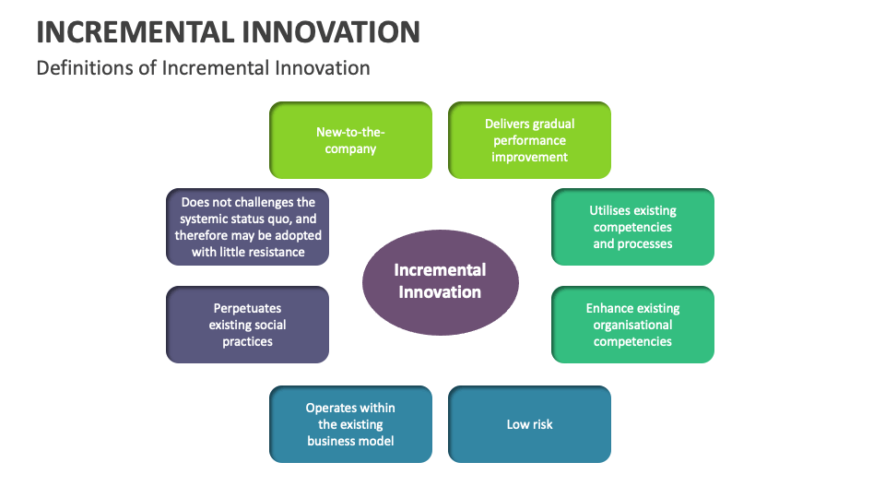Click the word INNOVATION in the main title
tap(331, 31)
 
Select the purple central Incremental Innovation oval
tap(440, 280)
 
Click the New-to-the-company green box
tap(350, 140)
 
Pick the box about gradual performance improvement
tap(529, 140)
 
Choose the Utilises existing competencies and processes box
tap(632, 227)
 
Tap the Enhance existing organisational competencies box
tap(632, 325)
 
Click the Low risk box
tap(529, 424)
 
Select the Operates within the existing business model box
tap(350, 424)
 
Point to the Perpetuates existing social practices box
tap(247, 325)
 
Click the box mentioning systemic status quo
tap(247, 227)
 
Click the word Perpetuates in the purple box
tap(247, 308)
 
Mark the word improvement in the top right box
tap(529, 157)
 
